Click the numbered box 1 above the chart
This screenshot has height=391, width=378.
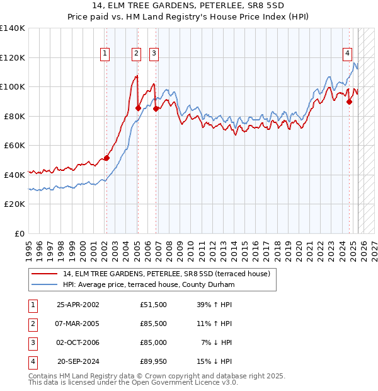point(105,54)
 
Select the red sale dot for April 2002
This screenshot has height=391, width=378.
point(106,158)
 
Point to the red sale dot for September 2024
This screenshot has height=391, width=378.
point(349,102)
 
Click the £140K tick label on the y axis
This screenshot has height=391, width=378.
point(13,28)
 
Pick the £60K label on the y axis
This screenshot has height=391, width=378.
point(14,145)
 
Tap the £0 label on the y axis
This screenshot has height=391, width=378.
point(20,233)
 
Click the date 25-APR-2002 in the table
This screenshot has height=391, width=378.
point(78,304)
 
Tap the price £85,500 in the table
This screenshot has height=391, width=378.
point(153,324)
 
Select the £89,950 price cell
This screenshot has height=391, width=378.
point(153,361)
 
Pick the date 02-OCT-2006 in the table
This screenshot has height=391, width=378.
point(78,342)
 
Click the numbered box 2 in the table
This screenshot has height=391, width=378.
point(31,324)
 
